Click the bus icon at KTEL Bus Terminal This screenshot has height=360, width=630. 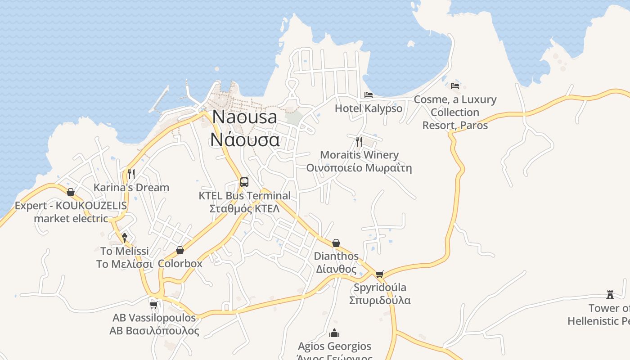(244, 182)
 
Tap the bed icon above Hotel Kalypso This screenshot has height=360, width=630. (369, 95)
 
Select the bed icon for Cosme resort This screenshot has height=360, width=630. (455, 85)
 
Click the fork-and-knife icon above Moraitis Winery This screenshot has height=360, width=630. (359, 141)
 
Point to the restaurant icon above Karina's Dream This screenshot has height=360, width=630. (131, 174)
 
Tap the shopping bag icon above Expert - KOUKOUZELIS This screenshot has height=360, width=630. (71, 192)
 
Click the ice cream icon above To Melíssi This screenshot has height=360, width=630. (125, 237)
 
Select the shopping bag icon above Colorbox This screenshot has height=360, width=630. (180, 250)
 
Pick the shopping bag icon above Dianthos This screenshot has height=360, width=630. (336, 243)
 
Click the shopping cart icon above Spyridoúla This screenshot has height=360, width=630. (380, 274)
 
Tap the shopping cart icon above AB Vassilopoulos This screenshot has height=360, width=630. (154, 305)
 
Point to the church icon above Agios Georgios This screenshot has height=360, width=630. (334, 333)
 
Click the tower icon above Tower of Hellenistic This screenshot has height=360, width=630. (610, 295)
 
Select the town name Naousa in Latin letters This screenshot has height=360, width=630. (244, 117)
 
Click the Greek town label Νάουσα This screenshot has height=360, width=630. (244, 139)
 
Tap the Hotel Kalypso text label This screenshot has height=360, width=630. (369, 108)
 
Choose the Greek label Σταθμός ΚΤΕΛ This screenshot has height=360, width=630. (244, 209)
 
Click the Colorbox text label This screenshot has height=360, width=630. (180, 263)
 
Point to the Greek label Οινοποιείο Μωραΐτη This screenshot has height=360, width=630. (359, 168)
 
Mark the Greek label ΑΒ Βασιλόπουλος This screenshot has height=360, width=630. (154, 331)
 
